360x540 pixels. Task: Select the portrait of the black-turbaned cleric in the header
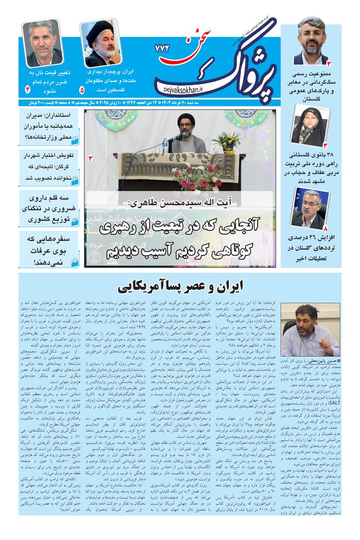(101, 43)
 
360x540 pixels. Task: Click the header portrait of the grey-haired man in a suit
(42, 43)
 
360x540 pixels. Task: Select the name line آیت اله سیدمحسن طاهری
(183, 203)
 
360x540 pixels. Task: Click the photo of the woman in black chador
(311, 125)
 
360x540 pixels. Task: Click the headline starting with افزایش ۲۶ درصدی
(311, 244)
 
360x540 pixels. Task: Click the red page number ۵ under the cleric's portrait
(82, 88)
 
